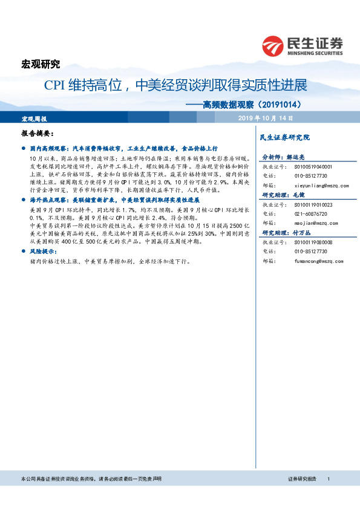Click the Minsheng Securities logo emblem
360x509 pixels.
[274, 45]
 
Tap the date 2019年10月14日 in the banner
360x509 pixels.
[266, 117]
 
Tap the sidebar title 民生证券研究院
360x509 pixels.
[284, 138]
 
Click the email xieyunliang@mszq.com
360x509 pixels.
[321, 186]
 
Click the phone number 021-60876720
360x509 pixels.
[312, 214]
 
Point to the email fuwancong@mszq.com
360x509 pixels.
[318, 261]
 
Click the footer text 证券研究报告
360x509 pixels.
[302, 479]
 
